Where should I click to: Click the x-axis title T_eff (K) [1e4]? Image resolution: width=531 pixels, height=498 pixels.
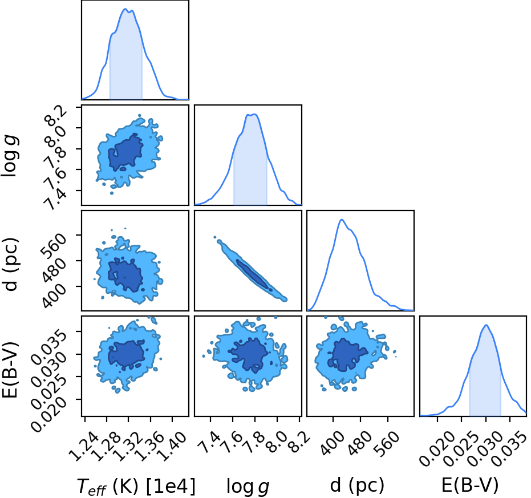point(136,486)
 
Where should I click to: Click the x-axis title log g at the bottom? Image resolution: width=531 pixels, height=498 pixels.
point(248,487)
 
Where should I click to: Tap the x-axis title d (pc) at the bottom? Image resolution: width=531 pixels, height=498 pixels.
point(357,485)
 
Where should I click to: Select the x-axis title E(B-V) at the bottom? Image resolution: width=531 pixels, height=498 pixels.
point(470,485)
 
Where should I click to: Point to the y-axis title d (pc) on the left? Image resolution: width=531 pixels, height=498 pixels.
point(10,264)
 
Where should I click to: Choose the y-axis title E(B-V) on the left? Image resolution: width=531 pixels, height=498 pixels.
point(10,370)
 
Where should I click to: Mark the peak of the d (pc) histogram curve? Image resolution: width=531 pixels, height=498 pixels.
point(342,220)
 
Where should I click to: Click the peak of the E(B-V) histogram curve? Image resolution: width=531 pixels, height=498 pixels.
point(487,325)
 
